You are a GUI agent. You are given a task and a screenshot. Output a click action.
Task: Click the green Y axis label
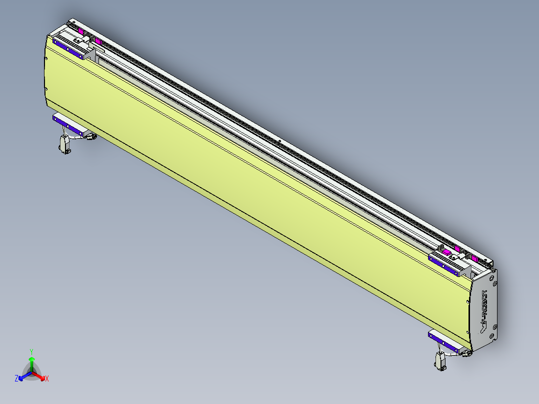click(31, 351)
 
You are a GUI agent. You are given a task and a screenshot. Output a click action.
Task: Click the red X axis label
click(47, 379)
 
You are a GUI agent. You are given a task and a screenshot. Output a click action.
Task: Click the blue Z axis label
click(16, 379)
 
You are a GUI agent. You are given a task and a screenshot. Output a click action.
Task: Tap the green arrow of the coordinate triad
click(31, 363)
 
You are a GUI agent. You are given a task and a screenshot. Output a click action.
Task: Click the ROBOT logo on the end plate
click(483, 310)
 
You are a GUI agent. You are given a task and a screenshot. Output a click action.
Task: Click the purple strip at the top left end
click(68, 49)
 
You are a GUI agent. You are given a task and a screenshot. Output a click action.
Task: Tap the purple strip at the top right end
click(445, 264)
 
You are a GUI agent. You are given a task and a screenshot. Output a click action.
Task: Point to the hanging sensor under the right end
click(440, 361)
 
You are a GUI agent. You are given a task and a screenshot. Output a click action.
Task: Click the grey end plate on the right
click(485, 310)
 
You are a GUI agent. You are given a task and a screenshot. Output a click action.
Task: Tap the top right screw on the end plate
click(494, 272)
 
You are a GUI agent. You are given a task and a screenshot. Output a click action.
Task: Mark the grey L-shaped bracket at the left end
click(90, 54)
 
